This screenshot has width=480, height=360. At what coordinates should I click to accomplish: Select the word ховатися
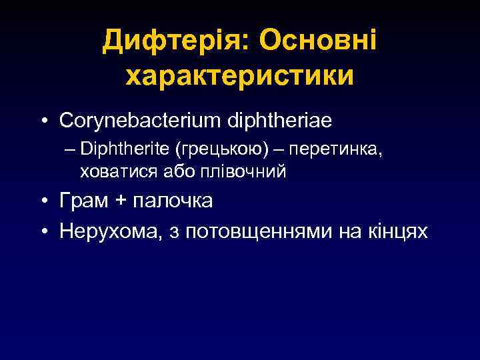pos(118,171)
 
